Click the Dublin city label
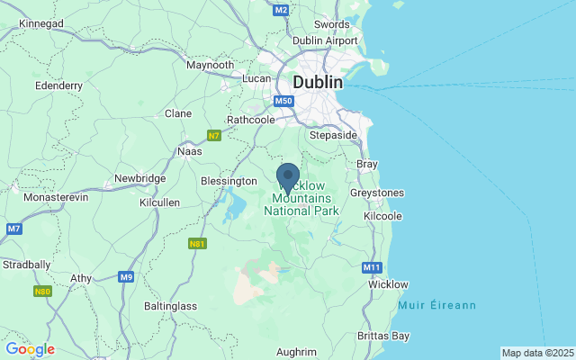(317, 82)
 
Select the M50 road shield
(285, 101)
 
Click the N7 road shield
(214, 135)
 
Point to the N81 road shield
(198, 243)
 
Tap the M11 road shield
(372, 267)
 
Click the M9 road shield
(126, 277)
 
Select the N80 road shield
(42, 292)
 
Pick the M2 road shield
(281, 9)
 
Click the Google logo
(30, 349)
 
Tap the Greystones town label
(376, 193)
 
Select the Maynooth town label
(210, 65)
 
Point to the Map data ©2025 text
(537, 353)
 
